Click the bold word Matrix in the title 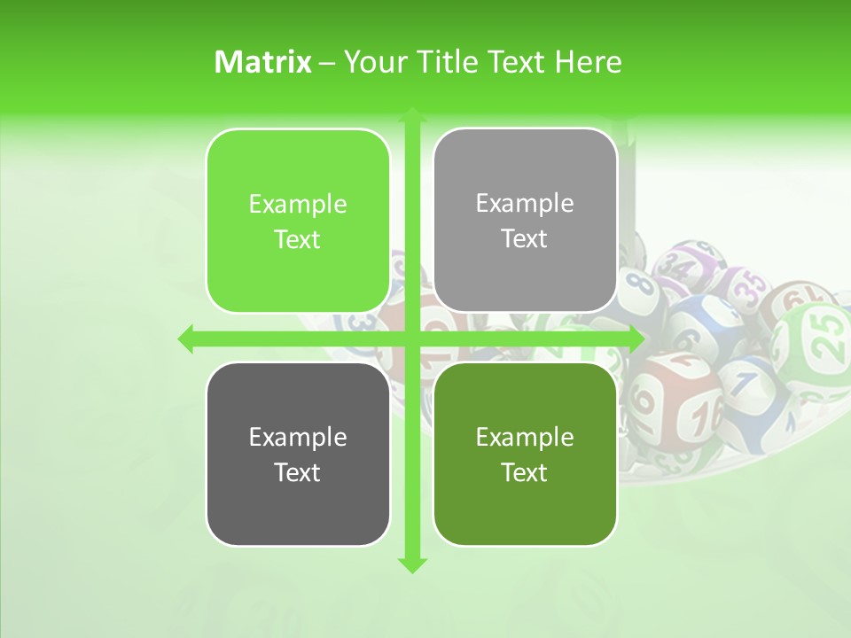[262, 62]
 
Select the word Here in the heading [588, 62]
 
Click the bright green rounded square [298, 221]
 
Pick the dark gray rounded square [298, 455]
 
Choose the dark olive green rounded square [525, 455]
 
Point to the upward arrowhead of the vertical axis [411, 116]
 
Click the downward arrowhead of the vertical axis [411, 564]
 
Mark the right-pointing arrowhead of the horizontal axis [636, 338]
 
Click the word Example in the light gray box [525, 203]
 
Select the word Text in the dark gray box [298, 472]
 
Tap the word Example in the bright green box [298, 204]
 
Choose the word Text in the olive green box [525, 472]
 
